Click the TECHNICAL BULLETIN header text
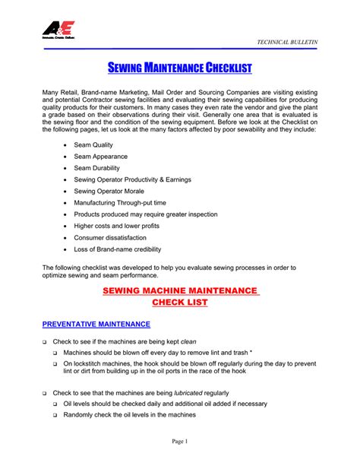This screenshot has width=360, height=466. click(288, 40)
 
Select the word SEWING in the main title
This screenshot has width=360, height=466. click(128, 70)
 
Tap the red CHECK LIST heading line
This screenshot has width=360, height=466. click(180, 303)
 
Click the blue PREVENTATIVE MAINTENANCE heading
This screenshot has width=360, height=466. click(96, 325)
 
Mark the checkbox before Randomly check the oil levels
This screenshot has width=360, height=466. click(55, 416)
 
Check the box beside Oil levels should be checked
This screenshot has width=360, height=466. click(55, 404)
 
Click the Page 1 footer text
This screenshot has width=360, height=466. click(179, 442)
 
